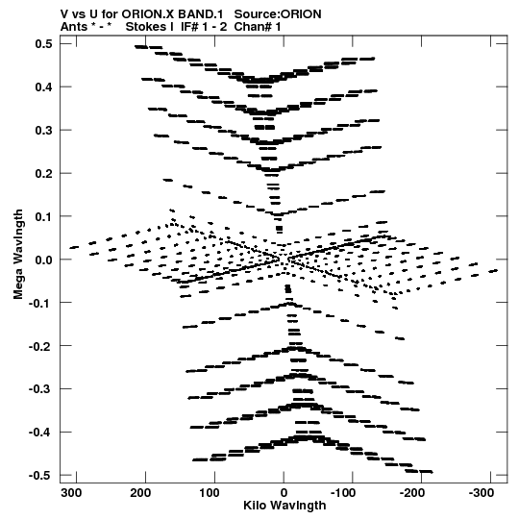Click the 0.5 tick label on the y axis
point(44,44)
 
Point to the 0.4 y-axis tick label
point(44,87)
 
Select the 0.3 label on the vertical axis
point(44,131)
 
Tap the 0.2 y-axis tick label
point(44,173)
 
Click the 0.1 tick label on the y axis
point(44,216)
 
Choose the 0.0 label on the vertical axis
point(44,260)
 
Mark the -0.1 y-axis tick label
point(40,303)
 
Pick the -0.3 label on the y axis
point(40,389)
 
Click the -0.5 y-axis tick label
point(40,476)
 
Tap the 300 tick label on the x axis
point(71,493)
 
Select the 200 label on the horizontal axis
point(140,493)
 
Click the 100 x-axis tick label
point(210,493)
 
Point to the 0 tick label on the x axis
point(284,493)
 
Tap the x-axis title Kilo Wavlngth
point(284,506)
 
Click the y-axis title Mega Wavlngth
point(18,254)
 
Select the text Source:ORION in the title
point(278,14)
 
